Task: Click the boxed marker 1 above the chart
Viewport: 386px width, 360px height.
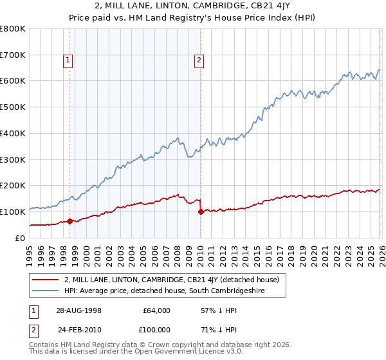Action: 68,61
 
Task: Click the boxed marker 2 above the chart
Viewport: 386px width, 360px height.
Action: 199,61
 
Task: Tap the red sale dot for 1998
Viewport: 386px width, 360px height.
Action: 69,221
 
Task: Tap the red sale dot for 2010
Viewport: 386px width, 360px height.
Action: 201,212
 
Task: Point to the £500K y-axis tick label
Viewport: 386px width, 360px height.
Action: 13,107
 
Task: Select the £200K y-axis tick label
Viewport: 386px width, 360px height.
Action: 13,186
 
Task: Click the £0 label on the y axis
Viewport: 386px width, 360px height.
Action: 19,238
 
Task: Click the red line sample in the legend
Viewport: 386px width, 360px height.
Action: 46,280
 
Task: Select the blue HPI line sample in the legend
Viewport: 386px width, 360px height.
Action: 46,291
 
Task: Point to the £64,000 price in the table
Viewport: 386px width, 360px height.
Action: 156,310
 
